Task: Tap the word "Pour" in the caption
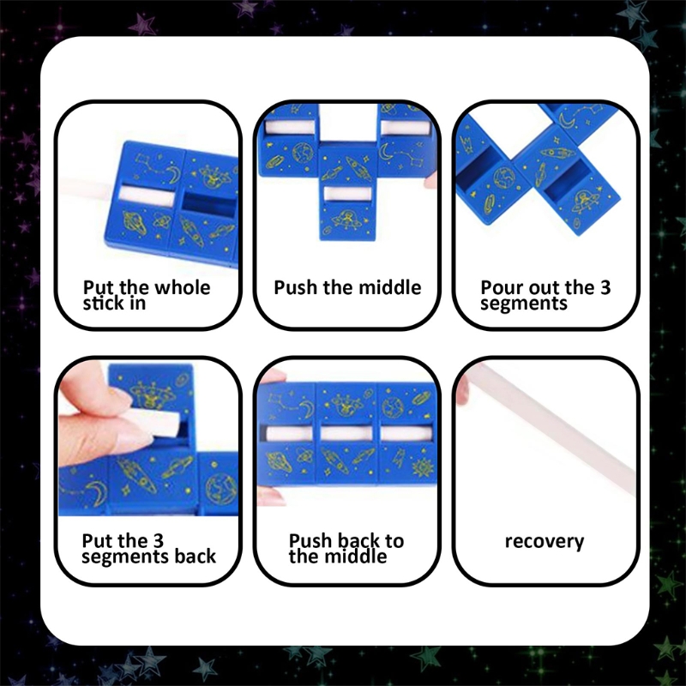point(502,287)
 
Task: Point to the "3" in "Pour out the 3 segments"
point(605,287)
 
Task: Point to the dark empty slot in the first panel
point(206,201)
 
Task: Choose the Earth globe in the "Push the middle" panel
point(301,153)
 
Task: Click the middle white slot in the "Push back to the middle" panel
point(349,434)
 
